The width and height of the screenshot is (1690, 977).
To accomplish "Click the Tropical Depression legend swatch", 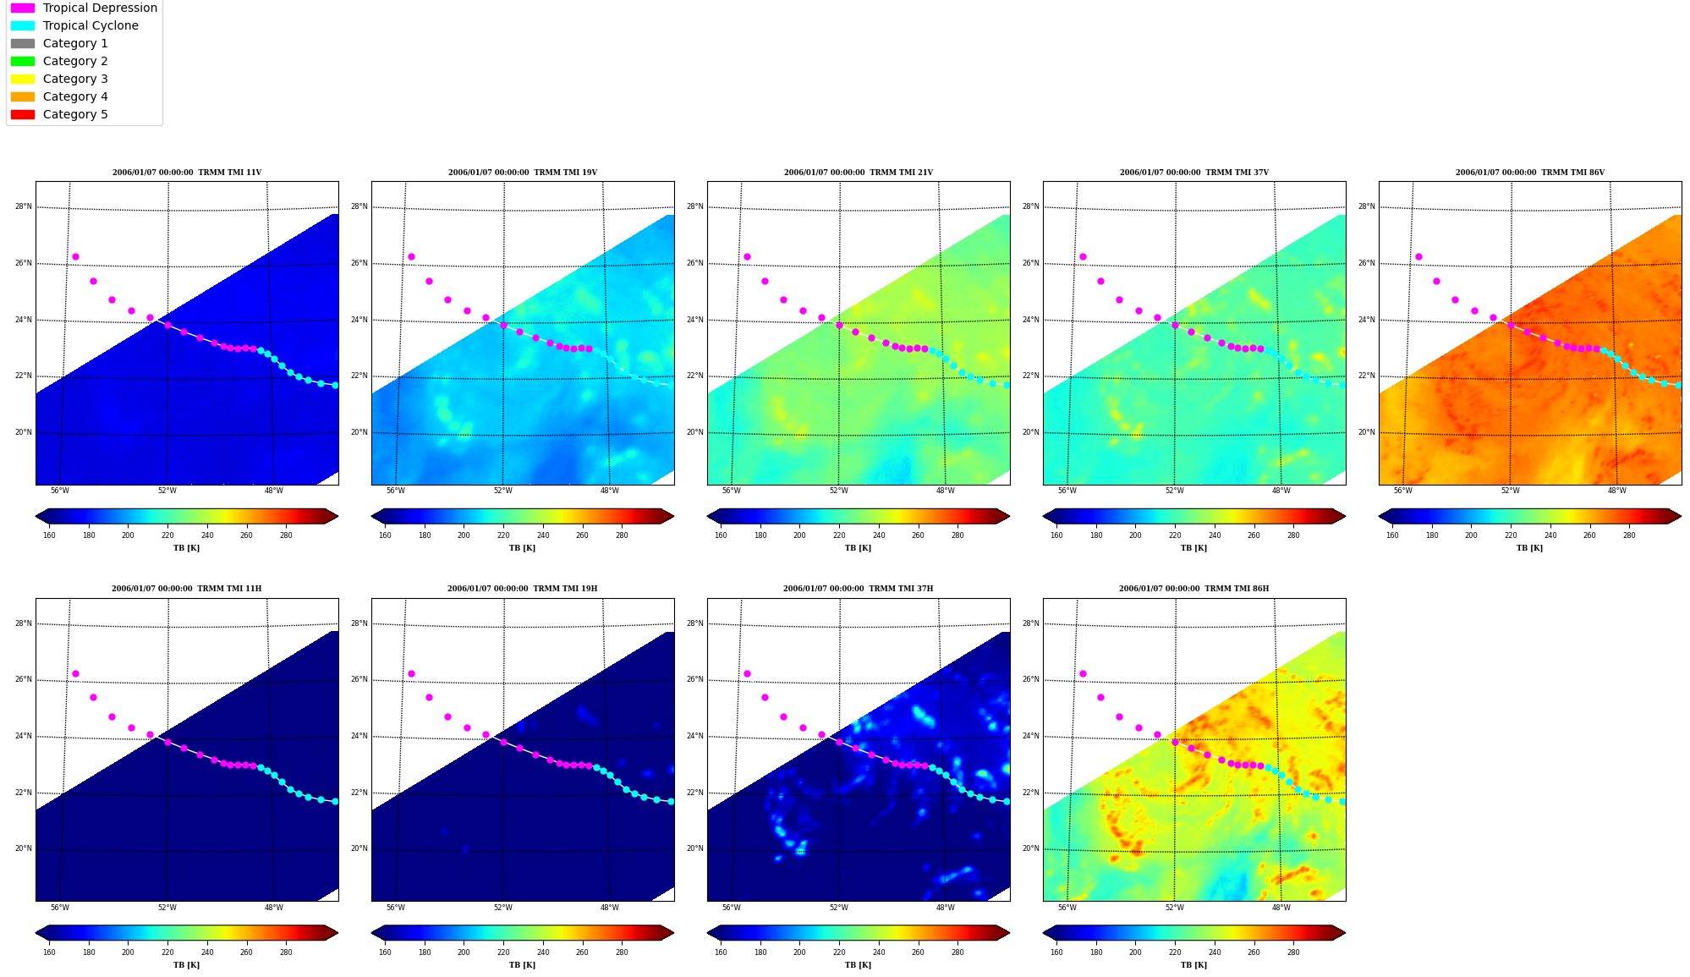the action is tap(23, 8).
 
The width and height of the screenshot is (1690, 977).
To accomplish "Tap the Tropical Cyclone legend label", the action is tap(91, 25).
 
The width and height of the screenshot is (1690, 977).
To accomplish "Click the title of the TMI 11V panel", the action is tap(187, 173).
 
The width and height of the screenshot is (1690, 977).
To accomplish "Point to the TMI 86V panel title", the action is tap(1530, 173).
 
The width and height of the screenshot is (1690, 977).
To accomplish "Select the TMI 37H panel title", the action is tap(859, 589).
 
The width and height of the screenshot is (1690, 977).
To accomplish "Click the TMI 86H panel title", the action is tap(1194, 589).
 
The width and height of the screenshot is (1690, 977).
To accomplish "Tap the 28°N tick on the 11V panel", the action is tap(24, 206).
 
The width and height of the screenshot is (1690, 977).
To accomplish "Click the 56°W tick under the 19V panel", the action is tap(396, 491).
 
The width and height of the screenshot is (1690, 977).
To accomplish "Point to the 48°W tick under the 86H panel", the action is tap(1281, 908).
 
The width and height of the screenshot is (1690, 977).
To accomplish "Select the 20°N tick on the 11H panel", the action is tap(24, 848).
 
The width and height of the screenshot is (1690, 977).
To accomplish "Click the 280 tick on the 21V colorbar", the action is tap(957, 535).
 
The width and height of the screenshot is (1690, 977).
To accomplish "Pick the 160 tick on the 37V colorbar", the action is tap(1056, 535).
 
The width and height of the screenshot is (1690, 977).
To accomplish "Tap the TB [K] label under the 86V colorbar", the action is tap(1529, 548).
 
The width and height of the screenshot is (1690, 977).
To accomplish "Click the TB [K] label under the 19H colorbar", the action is tap(522, 965).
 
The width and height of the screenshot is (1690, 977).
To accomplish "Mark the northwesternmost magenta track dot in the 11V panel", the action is tap(75, 256).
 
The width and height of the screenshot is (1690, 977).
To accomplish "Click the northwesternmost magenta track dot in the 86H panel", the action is tap(1083, 673).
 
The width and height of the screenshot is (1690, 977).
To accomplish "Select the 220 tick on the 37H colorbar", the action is tap(839, 952).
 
